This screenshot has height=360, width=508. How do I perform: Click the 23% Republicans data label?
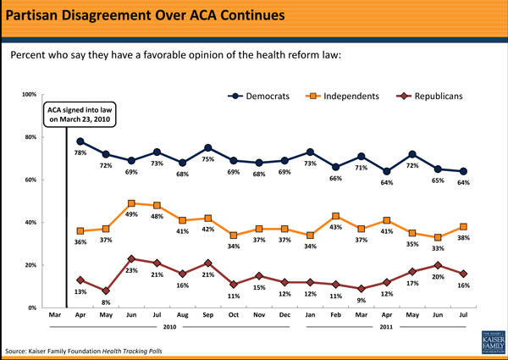[131, 271]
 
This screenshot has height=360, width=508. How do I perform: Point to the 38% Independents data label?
[464, 239]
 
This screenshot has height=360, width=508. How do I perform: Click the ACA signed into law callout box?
[80, 115]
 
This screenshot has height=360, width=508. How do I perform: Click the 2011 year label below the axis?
[387, 325]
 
